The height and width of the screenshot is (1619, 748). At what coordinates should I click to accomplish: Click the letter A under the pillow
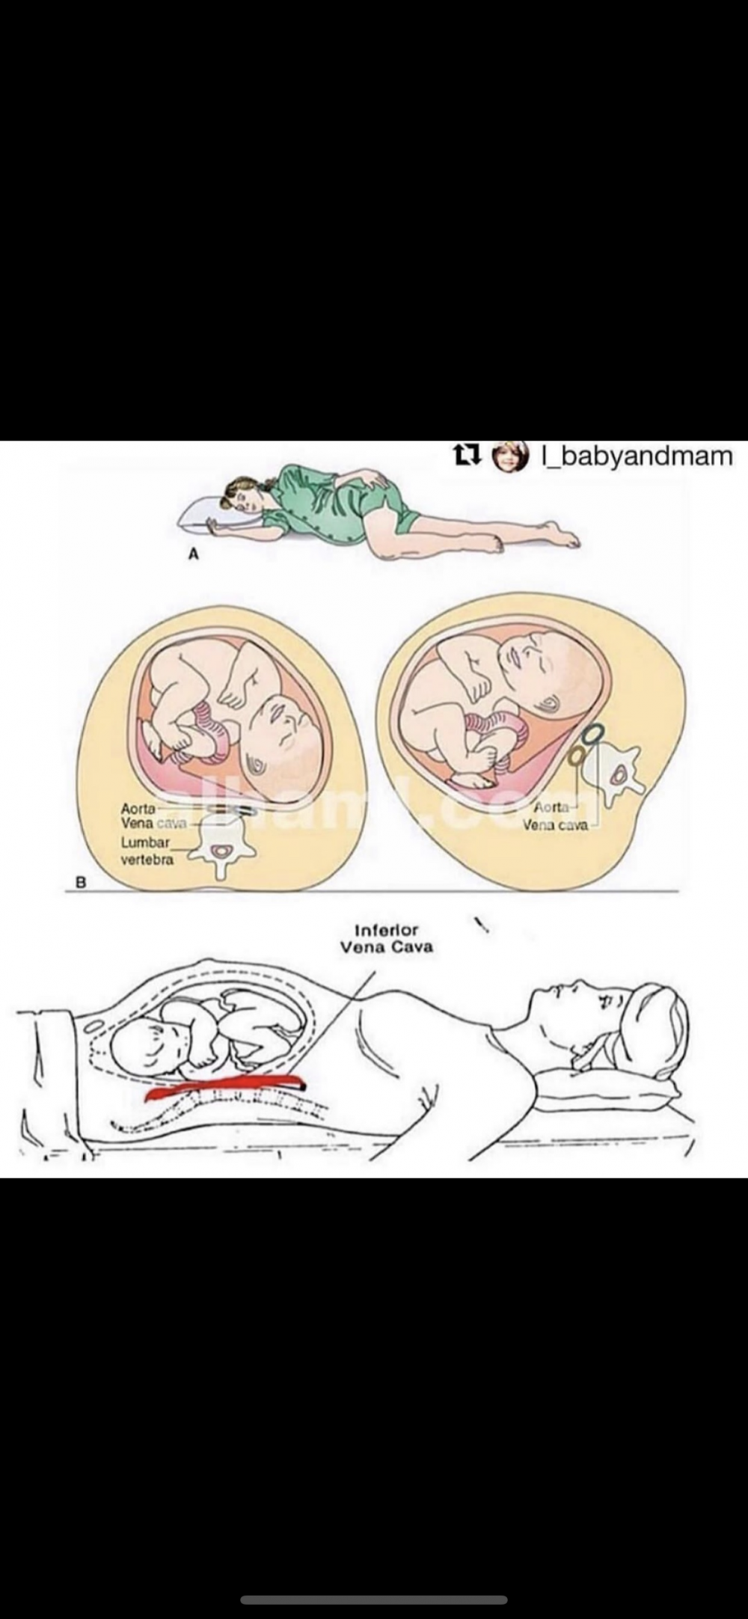click(x=194, y=554)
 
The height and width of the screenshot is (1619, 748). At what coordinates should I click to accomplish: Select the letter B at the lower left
click(x=82, y=882)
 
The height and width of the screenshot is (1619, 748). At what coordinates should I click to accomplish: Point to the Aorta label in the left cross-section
click(x=138, y=809)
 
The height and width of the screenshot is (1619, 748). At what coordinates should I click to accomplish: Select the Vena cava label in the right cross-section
click(x=555, y=825)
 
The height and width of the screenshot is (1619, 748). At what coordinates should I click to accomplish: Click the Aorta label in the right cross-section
click(x=551, y=808)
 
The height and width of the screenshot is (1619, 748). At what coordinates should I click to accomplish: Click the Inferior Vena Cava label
click(x=386, y=938)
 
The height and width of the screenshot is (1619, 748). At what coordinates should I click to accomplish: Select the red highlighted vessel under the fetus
click(x=224, y=1089)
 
